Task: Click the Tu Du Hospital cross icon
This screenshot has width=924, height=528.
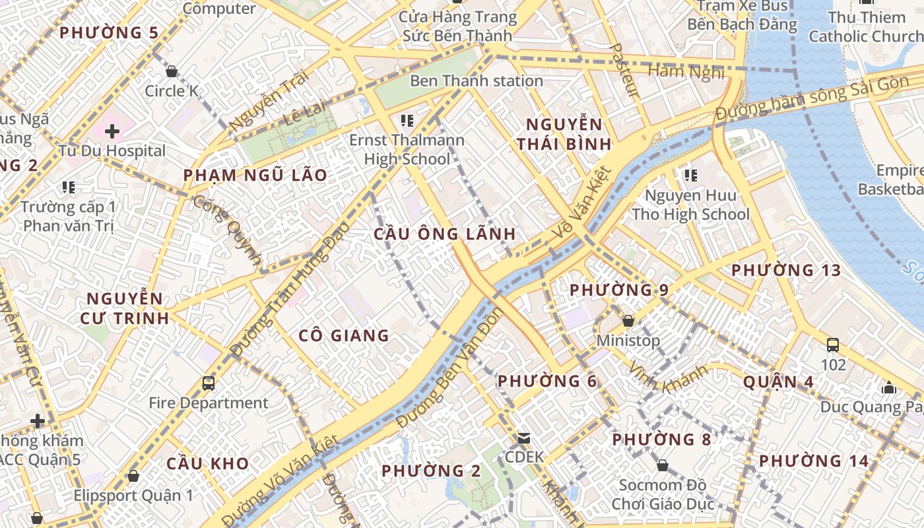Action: point(112,131)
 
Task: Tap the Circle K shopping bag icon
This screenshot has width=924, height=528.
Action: point(172,71)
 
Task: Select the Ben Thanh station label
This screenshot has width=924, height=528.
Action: point(477,81)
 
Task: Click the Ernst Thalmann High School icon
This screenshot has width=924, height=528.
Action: point(407,120)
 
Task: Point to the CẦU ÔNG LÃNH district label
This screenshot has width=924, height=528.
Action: point(444,234)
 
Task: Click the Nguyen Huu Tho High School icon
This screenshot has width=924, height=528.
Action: point(691,176)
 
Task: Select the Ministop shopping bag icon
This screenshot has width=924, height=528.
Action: point(628,321)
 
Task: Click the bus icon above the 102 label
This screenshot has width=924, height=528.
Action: point(833,345)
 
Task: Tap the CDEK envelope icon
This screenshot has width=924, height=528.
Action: point(524,438)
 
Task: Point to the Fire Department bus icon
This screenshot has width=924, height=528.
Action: point(209,383)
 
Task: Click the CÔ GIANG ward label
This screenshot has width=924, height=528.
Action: point(344,336)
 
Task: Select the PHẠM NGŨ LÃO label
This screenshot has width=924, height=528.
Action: point(255,176)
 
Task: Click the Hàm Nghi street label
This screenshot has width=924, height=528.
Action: point(686,71)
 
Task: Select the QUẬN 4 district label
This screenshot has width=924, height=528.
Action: point(778,382)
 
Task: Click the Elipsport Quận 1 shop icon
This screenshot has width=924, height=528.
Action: point(133,476)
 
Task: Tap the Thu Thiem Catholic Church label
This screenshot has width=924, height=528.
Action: point(866,26)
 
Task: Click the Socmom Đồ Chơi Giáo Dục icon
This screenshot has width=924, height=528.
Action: point(663,466)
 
